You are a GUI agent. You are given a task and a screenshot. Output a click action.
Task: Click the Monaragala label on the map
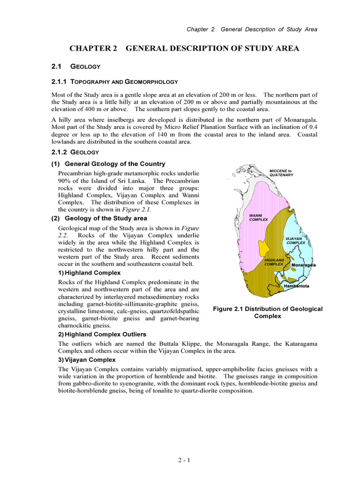tap(303, 265)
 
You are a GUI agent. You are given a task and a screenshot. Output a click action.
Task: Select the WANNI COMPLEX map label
tap(258, 217)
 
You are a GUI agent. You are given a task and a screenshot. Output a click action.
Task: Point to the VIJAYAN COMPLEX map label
tap(296, 240)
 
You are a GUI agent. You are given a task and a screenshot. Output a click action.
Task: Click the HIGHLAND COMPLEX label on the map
tap(274, 262)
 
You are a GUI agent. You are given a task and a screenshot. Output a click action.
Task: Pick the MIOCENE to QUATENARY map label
tap(281, 172)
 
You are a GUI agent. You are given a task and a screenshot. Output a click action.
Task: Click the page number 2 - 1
tap(184, 460)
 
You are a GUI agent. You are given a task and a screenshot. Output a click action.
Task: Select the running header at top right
tap(252, 29)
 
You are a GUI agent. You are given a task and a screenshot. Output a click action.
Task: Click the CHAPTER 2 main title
tap(184, 49)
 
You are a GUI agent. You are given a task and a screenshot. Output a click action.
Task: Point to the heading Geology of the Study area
tap(105, 218)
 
